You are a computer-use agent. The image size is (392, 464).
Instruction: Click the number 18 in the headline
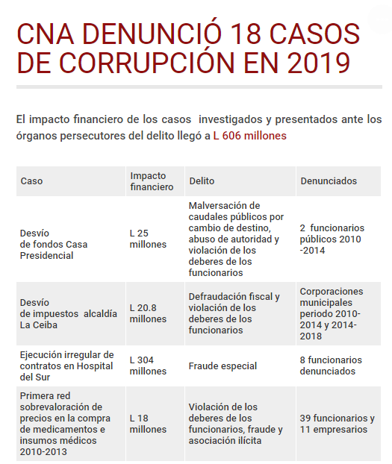(250, 34)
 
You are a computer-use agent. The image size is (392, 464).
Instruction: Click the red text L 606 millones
(249, 136)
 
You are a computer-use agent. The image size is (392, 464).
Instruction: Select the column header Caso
(32, 181)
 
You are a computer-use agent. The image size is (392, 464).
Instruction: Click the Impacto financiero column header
(152, 181)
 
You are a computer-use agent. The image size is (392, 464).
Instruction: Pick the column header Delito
(202, 181)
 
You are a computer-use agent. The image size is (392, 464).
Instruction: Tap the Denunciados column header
(329, 181)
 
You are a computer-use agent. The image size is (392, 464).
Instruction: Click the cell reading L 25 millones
(148, 239)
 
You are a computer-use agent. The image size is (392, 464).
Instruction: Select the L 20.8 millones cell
(148, 314)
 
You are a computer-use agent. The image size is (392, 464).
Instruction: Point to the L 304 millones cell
(148, 366)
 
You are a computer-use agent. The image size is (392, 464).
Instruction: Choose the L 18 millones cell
(148, 424)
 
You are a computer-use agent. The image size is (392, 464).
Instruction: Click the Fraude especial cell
(223, 366)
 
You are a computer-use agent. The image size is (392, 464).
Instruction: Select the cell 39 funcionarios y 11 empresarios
(337, 424)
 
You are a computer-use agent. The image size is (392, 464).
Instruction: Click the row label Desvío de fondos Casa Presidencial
(55, 245)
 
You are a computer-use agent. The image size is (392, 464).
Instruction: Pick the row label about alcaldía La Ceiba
(68, 314)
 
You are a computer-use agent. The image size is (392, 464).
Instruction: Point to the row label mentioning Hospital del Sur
(66, 366)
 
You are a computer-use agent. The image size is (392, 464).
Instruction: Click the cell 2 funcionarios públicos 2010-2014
(332, 239)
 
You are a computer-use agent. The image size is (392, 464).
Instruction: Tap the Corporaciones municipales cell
(332, 314)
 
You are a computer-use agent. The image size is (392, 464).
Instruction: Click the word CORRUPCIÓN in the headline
(131, 63)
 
